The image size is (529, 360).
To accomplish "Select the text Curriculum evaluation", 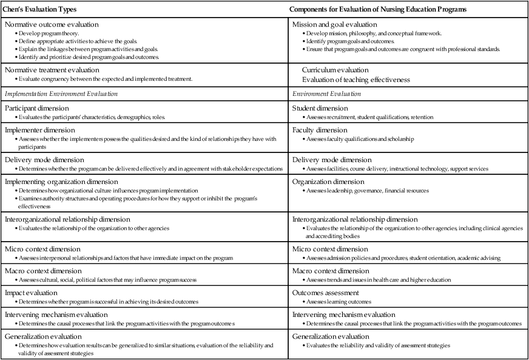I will point(335,70).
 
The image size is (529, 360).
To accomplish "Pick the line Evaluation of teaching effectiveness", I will point(355,79).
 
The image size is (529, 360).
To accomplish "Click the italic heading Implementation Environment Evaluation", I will point(61,94).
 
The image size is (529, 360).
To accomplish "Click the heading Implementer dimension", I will point(39,130).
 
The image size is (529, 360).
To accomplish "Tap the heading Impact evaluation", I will point(33,292).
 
